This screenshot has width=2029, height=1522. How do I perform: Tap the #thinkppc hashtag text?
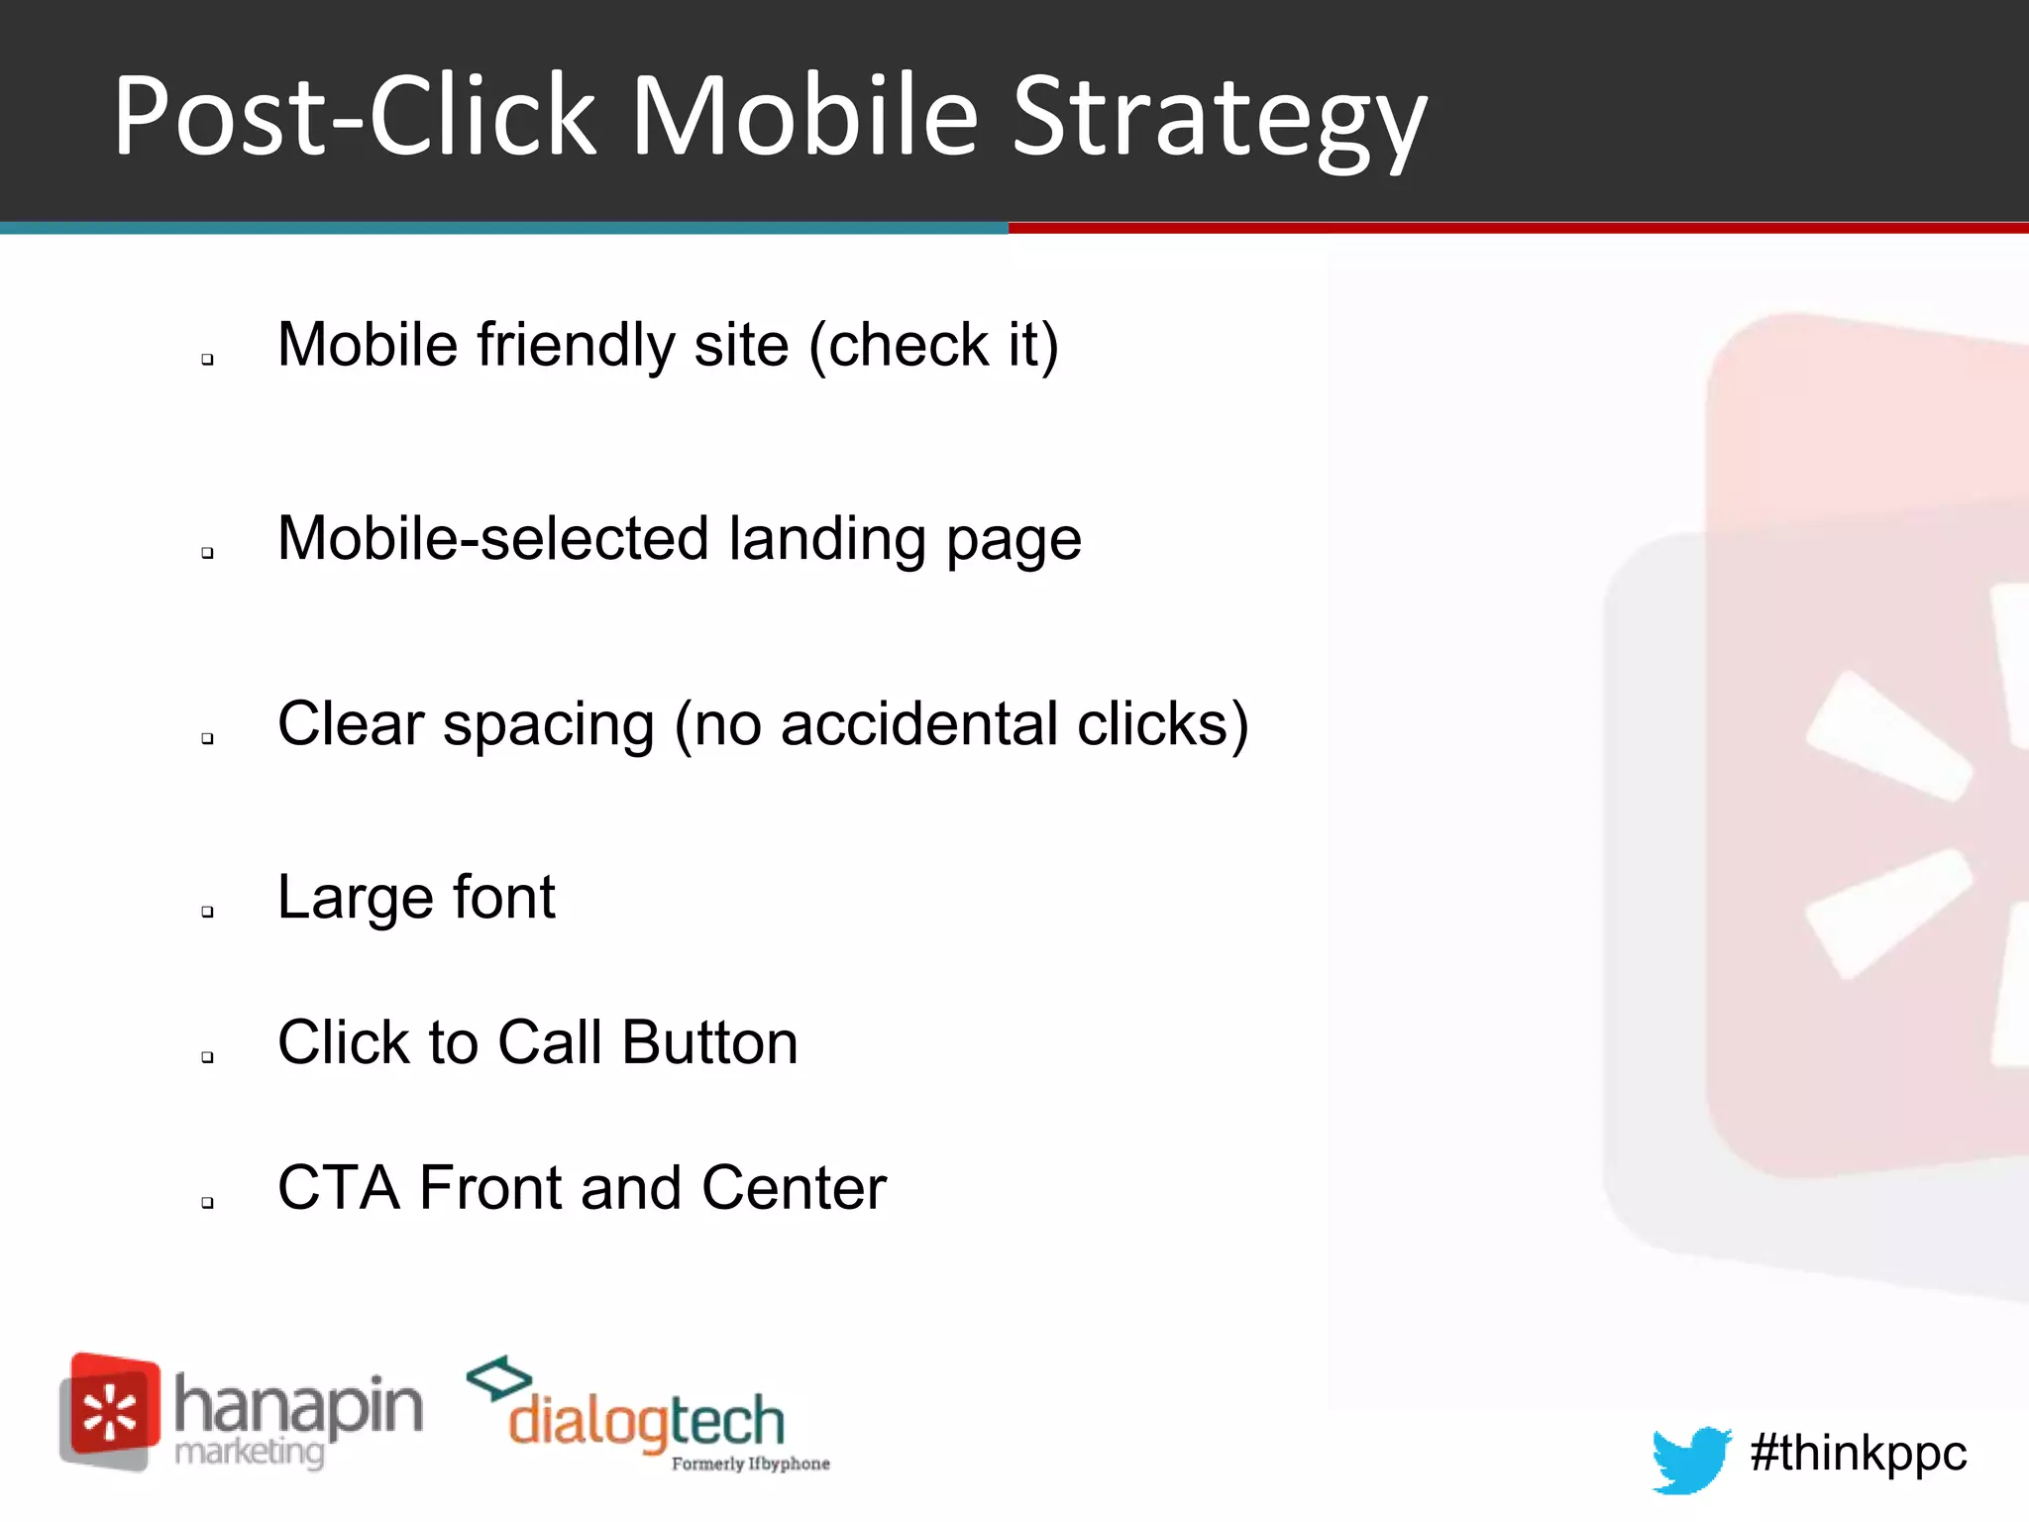click(x=1858, y=1453)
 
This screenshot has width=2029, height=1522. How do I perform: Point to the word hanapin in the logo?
click(x=298, y=1405)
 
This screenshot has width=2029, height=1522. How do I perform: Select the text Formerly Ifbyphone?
click(x=750, y=1464)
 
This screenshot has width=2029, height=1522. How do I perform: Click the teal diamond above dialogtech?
click(x=499, y=1377)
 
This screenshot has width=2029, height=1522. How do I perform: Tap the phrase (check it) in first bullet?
click(x=933, y=345)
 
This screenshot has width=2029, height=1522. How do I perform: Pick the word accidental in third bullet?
click(x=920, y=724)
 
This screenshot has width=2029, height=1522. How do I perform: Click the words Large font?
click(x=416, y=898)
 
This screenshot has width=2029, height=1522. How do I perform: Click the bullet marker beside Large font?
click(x=207, y=912)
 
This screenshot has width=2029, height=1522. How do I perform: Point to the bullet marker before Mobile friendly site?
click(x=207, y=359)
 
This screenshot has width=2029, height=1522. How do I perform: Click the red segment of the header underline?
click(x=1516, y=228)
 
